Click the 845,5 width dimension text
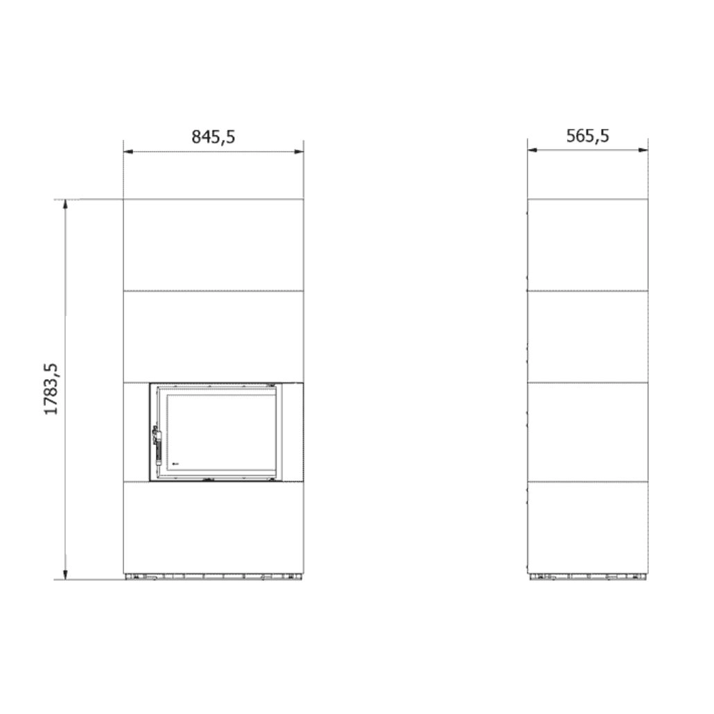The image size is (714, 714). [214, 137]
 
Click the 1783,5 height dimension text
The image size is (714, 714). [53, 389]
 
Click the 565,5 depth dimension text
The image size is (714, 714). [587, 136]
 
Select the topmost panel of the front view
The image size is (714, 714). [214, 245]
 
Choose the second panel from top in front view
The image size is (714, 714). [214, 336]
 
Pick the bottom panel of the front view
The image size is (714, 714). [214, 528]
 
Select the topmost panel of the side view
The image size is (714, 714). [588, 245]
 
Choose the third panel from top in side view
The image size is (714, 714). [588, 432]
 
